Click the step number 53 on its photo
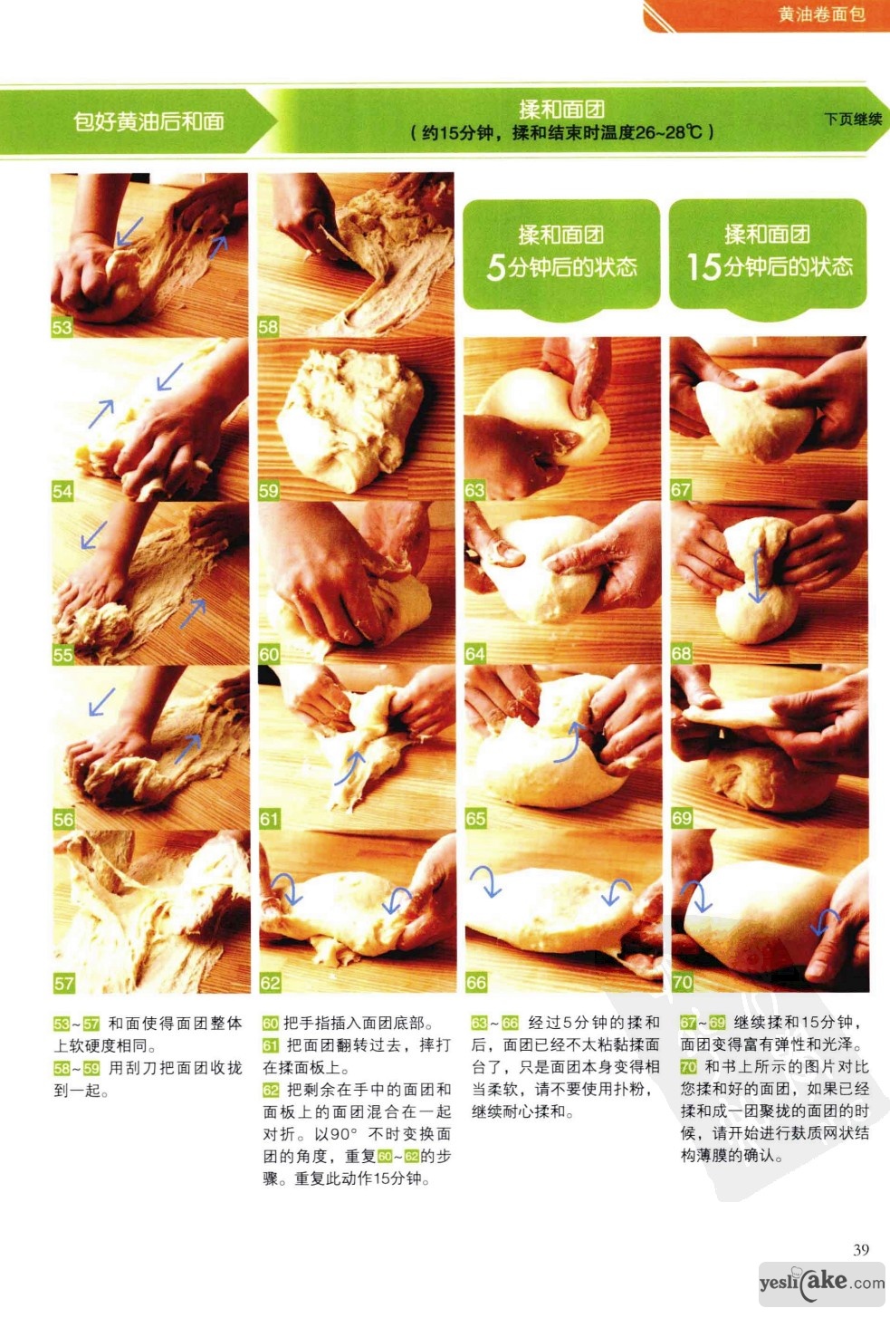(62, 327)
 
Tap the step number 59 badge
(268, 491)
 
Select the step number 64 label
(474, 654)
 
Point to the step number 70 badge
(682, 982)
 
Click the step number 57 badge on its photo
(63, 983)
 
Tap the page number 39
(861, 1249)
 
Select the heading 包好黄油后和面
(148, 121)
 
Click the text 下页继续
(853, 120)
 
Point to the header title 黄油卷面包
(821, 14)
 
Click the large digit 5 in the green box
(496, 267)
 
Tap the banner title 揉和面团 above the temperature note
(561, 110)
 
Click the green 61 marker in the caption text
(270, 1045)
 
